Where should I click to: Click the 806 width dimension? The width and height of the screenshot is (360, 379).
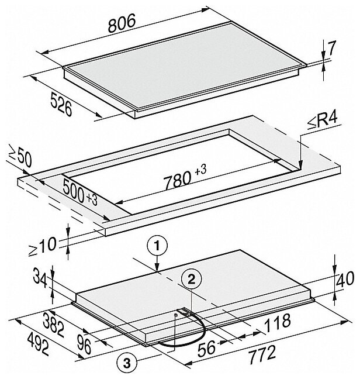122,23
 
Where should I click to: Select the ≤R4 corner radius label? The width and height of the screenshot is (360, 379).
322,122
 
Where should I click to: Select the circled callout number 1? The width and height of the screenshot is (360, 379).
157,247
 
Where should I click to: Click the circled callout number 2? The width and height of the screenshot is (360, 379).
191,280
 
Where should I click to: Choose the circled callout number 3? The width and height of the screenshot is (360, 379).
127,363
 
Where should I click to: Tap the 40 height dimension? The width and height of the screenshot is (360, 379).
346,279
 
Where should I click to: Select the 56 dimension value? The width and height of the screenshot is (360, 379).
207,348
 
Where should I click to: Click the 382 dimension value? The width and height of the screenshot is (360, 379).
54,323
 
